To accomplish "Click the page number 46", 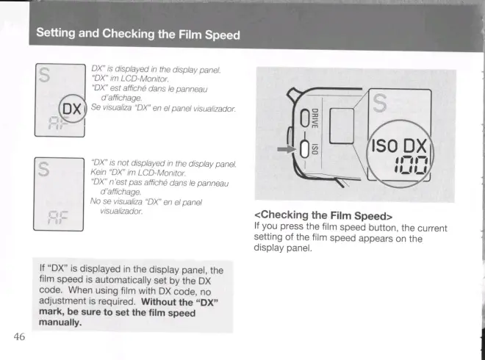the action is pos(19,336).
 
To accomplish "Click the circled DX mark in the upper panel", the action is pos(72,109).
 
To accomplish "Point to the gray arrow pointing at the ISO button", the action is pos(287,149).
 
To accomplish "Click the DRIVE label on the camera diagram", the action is pos(315,118).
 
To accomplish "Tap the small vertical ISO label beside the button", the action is pos(315,149).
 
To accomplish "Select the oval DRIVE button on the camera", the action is pos(304,118).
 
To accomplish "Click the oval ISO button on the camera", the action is pos(304,149).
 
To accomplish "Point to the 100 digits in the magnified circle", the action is pos(412,165).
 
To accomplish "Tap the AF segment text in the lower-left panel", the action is pos(58,217).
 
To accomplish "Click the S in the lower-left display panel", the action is pos(44,170).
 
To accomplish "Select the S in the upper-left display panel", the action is pos(44,75).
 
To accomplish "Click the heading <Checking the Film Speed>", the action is pos(323,215).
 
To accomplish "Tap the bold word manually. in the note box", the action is pos(60,323).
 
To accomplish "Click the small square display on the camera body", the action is pos(342,126).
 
